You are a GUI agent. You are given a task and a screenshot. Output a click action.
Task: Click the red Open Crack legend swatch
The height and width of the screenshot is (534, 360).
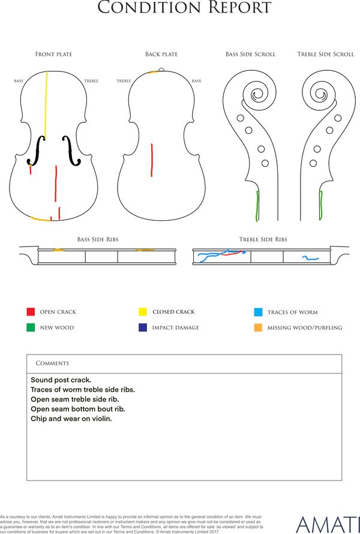pyautogui.click(x=31, y=311)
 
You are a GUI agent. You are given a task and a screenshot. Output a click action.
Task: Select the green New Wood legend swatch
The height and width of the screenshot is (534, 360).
pyautogui.click(x=31, y=327)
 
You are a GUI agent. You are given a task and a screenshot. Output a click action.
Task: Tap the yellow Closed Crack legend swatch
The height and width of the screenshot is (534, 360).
pyautogui.click(x=143, y=311)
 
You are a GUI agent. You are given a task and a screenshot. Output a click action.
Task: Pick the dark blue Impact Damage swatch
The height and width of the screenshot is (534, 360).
pyautogui.click(x=143, y=327)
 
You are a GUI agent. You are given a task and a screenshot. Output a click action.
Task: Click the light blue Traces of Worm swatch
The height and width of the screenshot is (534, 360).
pyautogui.click(x=258, y=312)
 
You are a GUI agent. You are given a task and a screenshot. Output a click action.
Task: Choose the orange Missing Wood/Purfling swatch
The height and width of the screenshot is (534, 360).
pyautogui.click(x=258, y=328)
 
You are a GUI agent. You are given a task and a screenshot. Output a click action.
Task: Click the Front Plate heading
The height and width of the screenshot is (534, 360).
pyautogui.click(x=54, y=54)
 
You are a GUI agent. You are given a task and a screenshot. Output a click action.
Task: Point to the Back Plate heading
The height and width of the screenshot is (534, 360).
pyautogui.click(x=161, y=54)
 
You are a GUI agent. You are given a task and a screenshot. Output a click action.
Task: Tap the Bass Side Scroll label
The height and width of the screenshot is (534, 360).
pyautogui.click(x=250, y=54)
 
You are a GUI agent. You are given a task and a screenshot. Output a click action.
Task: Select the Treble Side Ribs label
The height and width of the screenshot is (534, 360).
pyautogui.click(x=263, y=239)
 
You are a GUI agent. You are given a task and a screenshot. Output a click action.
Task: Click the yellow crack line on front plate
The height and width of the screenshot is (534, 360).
pyautogui.click(x=46, y=106)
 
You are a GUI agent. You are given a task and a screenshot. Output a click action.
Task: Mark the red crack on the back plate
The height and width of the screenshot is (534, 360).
pyautogui.click(x=152, y=160)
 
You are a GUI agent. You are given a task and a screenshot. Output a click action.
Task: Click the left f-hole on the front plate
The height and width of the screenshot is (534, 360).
pyautogui.click(x=37, y=151)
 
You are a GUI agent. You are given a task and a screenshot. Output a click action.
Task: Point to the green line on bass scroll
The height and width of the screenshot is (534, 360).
pyautogui.click(x=257, y=206)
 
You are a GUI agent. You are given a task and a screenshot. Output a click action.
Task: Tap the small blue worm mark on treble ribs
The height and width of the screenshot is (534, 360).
pyautogui.click(x=310, y=258)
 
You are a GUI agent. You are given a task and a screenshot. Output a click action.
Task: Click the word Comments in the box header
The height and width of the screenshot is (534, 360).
pyautogui.click(x=52, y=363)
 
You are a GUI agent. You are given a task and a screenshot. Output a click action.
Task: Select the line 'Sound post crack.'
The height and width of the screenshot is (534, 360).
pyautogui.click(x=61, y=380)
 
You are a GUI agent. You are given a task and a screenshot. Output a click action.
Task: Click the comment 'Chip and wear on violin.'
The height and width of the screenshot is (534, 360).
pyautogui.click(x=71, y=419)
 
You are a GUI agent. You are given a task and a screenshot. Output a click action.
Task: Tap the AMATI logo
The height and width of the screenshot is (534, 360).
pyautogui.click(x=328, y=525)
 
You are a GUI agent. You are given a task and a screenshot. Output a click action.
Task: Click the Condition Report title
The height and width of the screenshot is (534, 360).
pyautogui.click(x=184, y=7)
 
